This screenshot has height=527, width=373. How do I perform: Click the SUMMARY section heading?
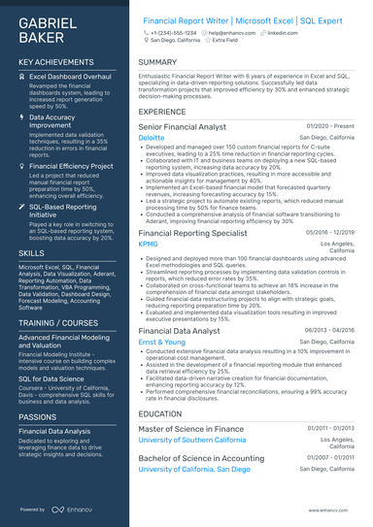tap(157, 62)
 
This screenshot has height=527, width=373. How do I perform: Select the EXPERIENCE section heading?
tap(162, 113)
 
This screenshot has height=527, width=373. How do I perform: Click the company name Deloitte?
tap(152, 139)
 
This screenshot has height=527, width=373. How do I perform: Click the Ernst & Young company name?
tap(161, 343)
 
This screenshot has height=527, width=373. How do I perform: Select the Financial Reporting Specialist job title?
tap(193, 234)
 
